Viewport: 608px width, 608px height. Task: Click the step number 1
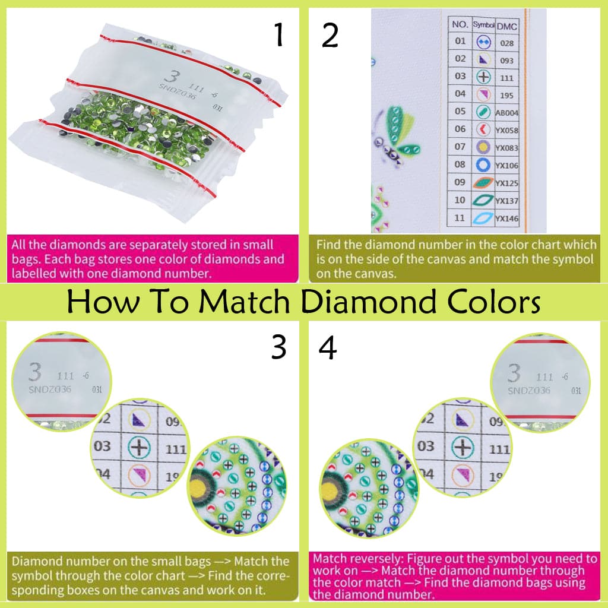278,36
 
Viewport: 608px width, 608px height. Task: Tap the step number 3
278,347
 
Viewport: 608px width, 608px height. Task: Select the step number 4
328,347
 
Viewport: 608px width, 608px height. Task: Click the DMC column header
506,25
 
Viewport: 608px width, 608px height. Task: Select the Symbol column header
483,25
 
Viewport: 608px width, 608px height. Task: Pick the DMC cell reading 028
506,43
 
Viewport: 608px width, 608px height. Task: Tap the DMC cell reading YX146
506,218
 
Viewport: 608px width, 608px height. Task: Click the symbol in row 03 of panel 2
483,77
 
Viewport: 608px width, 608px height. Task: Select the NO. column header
460,25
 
